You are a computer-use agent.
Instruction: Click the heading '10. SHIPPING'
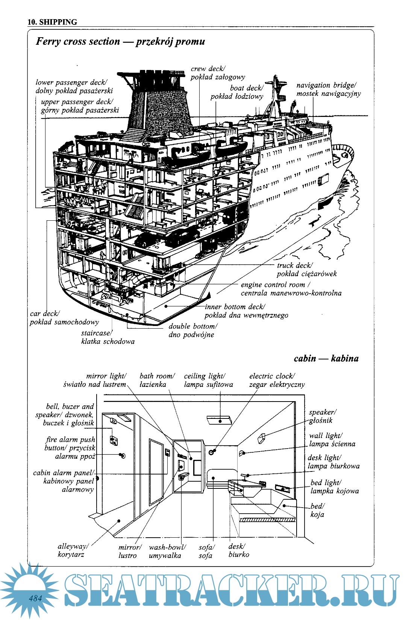click(52, 22)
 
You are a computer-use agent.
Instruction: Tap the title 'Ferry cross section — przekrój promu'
click(120, 41)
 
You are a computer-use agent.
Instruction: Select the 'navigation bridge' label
click(328, 89)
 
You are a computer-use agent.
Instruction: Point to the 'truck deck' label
click(307, 270)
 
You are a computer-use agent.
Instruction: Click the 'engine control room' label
click(291, 289)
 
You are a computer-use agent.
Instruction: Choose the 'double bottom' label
click(192, 330)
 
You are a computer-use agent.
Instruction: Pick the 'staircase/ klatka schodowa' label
click(108, 337)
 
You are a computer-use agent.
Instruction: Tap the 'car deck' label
click(64, 318)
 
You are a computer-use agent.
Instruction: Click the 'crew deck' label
click(218, 73)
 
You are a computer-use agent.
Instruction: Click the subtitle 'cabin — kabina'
click(326, 358)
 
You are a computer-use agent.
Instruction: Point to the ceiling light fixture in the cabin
click(220, 420)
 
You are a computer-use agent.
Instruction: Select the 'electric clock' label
click(277, 380)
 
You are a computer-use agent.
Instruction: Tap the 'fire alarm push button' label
click(70, 448)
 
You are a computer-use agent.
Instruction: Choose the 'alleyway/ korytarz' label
click(73, 550)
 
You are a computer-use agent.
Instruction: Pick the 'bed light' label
click(334, 487)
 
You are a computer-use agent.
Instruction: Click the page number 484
click(36, 597)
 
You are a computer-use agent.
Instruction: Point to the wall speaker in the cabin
click(262, 438)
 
